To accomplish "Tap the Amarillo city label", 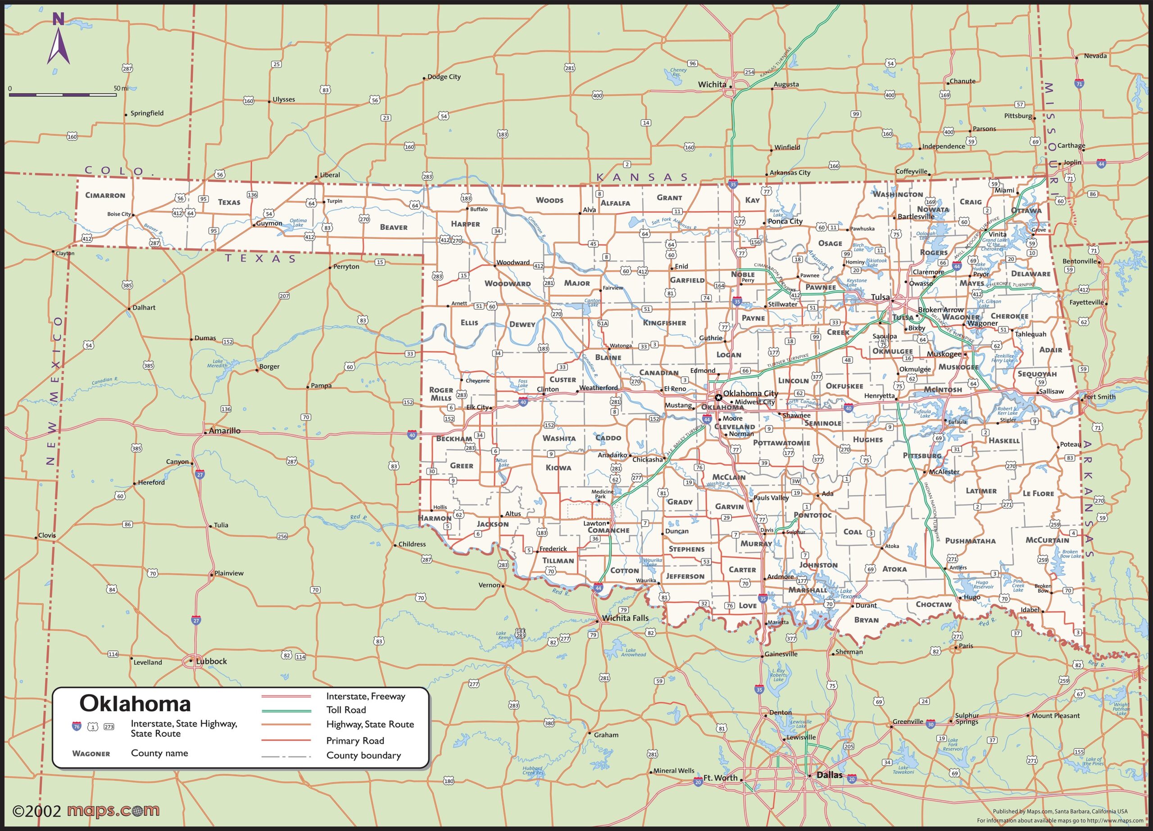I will [x=225, y=431].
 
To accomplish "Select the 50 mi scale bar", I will [x=64, y=95].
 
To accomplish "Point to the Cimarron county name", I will [x=105, y=195].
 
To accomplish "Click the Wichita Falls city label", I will [x=625, y=618].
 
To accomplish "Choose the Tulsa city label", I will [x=880, y=297].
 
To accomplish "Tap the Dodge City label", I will [x=444, y=77].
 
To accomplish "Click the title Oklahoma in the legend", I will [x=135, y=704].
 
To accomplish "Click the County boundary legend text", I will [x=363, y=755].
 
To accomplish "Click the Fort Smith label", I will [x=1099, y=397].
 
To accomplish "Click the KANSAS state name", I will [x=641, y=177].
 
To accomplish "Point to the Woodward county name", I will [x=507, y=283].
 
